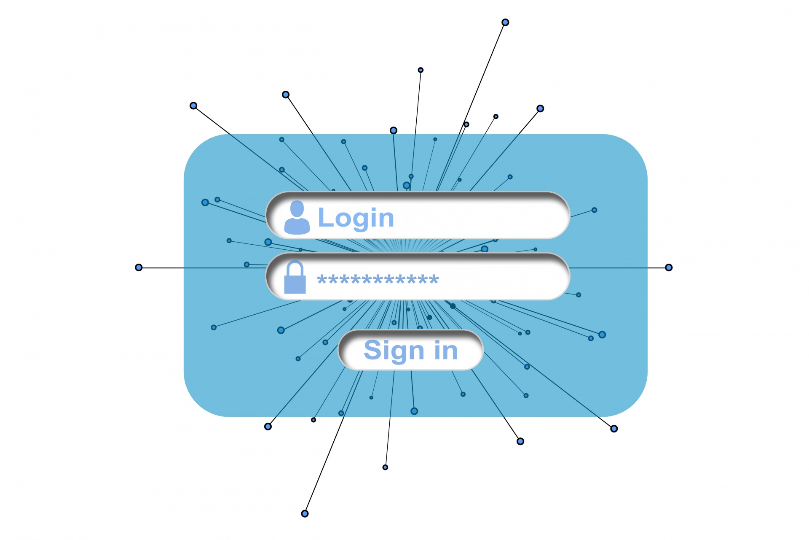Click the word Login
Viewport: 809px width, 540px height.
pyautogui.click(x=356, y=218)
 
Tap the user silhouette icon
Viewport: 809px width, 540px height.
pyautogui.click(x=297, y=218)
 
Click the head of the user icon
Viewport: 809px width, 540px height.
pyautogui.click(x=297, y=209)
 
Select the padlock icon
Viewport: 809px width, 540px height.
pyautogui.click(x=295, y=277)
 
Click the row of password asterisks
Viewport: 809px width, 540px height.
pyautogui.click(x=378, y=279)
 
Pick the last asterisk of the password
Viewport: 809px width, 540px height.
pyautogui.click(x=434, y=279)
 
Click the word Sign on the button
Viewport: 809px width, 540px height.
pyautogui.click(x=394, y=350)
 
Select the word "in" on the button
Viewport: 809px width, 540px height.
pyautogui.click(x=446, y=350)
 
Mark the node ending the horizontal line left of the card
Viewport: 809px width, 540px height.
pyautogui.click(x=139, y=267)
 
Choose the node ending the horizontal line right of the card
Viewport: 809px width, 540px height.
pyautogui.click(x=669, y=267)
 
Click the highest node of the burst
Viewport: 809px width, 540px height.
pyautogui.click(x=505, y=22)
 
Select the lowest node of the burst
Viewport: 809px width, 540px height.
pyautogui.click(x=305, y=513)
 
